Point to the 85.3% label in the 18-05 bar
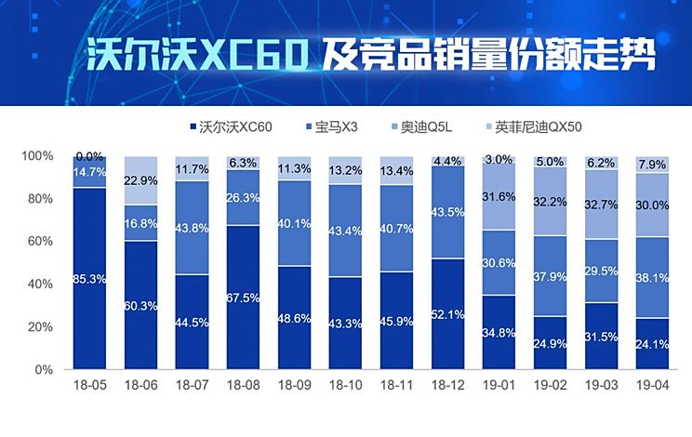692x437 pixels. pyautogui.click(x=89, y=278)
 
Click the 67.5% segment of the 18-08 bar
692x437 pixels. pyautogui.click(x=243, y=298)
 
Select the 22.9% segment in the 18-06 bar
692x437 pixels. pyautogui.click(x=140, y=180)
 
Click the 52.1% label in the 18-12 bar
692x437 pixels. pyautogui.click(x=448, y=313)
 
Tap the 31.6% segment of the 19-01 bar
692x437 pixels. pyautogui.click(x=499, y=195)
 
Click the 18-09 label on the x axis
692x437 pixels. pyautogui.click(x=294, y=384)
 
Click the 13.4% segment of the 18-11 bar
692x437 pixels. pyautogui.click(x=397, y=170)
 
